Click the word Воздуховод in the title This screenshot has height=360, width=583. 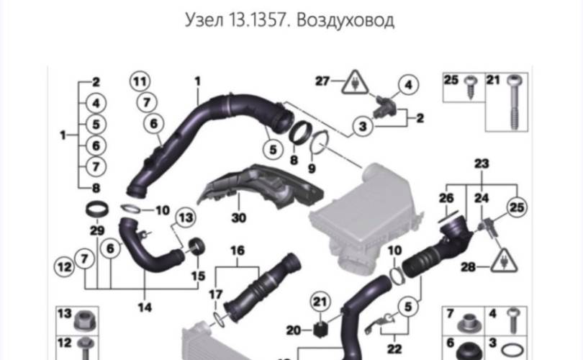pyautogui.click(x=348, y=19)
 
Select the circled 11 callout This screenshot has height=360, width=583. pyautogui.click(x=141, y=81)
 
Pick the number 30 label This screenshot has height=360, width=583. pyautogui.click(x=238, y=216)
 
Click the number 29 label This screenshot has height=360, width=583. pyautogui.click(x=96, y=230)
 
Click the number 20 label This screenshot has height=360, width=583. pyautogui.click(x=292, y=330)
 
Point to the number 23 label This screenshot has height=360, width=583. pyautogui.click(x=481, y=163)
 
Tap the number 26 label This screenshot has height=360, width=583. pyautogui.click(x=447, y=197)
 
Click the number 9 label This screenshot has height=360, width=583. pyautogui.click(x=311, y=168)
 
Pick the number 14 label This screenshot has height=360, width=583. pyautogui.click(x=145, y=307)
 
